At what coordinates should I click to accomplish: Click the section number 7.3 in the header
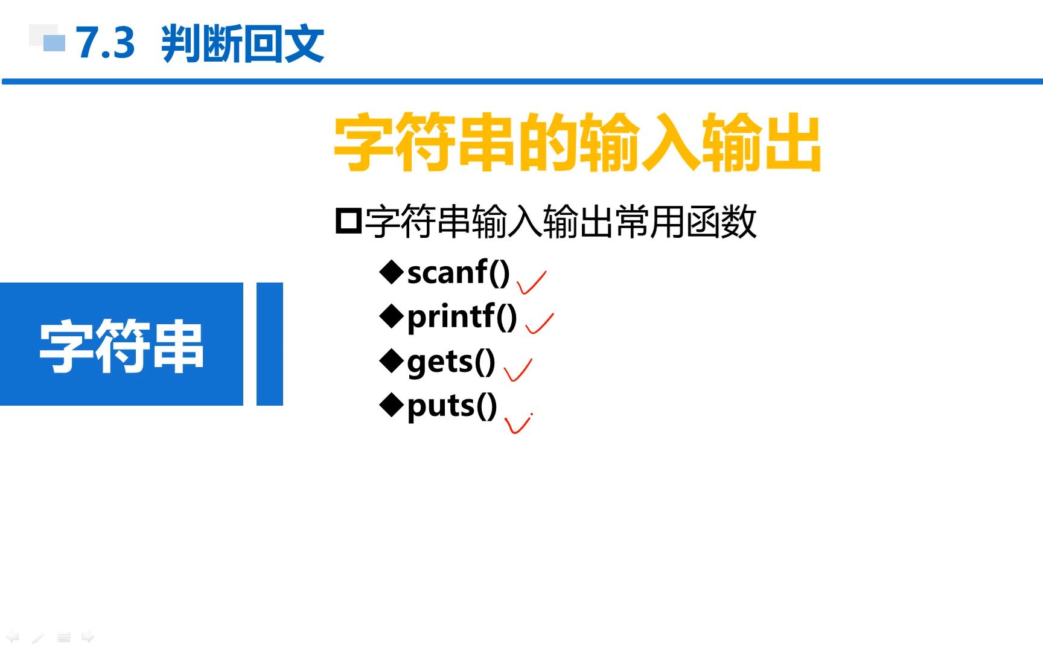[105, 43]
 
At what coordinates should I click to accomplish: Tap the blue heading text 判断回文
[243, 43]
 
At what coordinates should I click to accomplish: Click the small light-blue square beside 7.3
[54, 43]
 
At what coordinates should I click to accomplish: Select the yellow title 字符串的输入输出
[578, 142]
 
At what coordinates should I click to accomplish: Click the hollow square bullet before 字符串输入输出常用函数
[348, 221]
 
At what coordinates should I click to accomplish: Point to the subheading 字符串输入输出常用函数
[561, 222]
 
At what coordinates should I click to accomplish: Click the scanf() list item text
[459, 272]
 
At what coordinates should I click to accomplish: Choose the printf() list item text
[462, 316]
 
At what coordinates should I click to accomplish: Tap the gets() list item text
[451, 362]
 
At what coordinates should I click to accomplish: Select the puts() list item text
[452, 406]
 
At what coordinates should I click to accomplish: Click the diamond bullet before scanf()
[391, 272]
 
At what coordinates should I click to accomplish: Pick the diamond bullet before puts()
[391, 405]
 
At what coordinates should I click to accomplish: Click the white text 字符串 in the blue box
[121, 346]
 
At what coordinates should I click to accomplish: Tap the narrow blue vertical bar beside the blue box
[270, 344]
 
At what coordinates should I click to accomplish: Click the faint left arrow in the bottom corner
[13, 637]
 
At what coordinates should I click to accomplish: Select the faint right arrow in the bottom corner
[88, 637]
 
